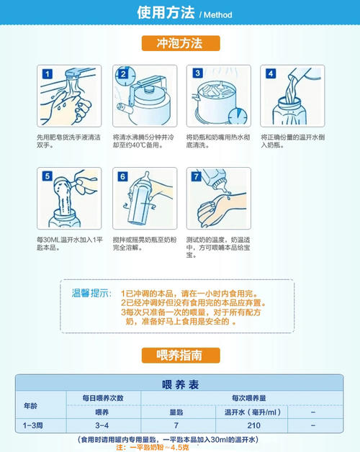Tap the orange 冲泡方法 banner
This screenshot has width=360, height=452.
pos(180,43)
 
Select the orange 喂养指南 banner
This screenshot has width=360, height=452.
pos(180,355)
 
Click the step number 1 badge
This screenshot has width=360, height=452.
pos(48,74)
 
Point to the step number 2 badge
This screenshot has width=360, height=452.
pos(122,74)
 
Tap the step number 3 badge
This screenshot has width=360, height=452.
pos(197,74)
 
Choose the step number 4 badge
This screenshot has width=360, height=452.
pos(271,74)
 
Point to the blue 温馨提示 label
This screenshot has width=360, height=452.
pos(91,294)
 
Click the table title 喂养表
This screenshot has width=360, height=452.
pos(179,383)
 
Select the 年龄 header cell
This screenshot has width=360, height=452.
pos(31,405)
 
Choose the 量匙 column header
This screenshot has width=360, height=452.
pos(176,412)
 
